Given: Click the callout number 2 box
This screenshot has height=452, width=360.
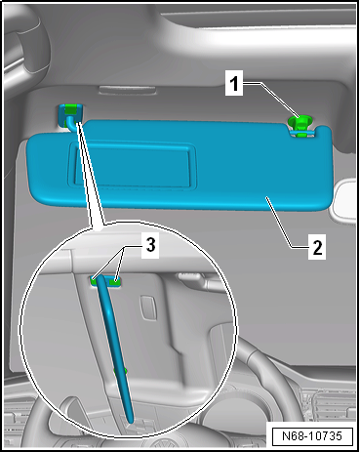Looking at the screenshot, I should [316, 247].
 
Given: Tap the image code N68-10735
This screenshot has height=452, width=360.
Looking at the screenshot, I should [312, 435].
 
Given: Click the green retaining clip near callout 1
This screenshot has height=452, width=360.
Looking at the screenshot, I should [300, 125].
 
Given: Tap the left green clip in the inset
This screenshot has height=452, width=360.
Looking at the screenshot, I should [99, 280].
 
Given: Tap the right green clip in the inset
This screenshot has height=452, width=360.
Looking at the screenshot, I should [117, 281].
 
